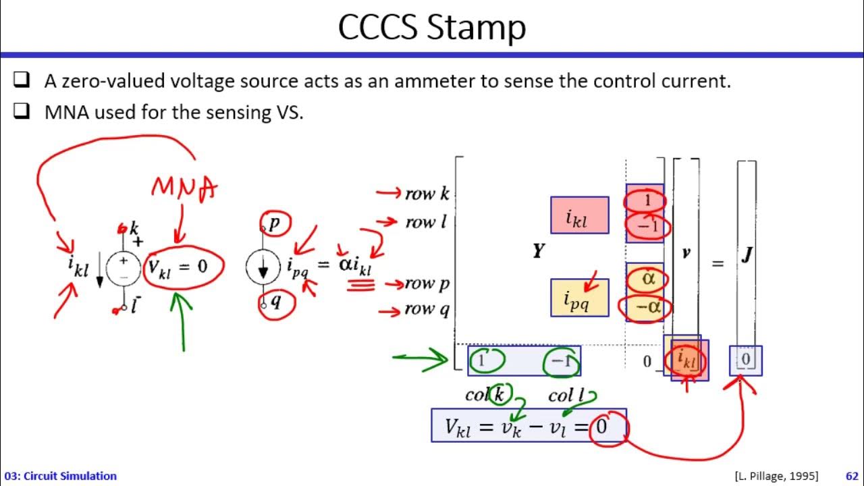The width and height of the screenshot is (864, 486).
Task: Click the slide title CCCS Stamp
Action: tap(431, 28)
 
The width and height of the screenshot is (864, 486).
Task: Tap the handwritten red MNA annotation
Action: tap(184, 188)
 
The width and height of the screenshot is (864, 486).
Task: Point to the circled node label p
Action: tap(273, 223)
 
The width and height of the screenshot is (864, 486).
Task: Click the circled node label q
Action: tap(275, 302)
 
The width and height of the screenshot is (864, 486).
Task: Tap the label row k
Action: tap(427, 194)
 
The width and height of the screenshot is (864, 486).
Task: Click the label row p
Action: tap(427, 284)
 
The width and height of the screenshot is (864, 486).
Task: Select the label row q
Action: tap(427, 310)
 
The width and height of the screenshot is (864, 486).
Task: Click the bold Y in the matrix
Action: tap(538, 252)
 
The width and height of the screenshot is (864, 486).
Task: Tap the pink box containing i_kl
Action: tap(579, 216)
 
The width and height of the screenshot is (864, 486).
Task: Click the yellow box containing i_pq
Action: tap(579, 298)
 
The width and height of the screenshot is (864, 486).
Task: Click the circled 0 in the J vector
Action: tap(745, 360)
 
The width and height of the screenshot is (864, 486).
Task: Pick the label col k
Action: tap(485, 396)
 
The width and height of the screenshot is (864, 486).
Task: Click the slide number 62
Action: tap(851, 476)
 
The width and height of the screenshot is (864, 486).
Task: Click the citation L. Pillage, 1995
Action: tap(776, 476)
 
